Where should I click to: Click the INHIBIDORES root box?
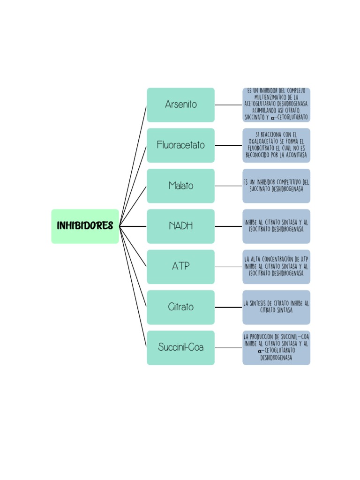coord(85,226)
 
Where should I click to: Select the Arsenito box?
coord(180,105)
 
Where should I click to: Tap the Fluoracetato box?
coord(180,145)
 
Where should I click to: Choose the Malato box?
coord(180,186)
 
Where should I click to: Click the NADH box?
coord(180,226)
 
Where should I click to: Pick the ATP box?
coord(180,267)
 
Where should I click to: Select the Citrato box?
coord(180,307)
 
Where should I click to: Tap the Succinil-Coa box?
coord(180,348)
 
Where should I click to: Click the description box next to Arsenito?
coord(276,105)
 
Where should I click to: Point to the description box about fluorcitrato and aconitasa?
coord(276,145)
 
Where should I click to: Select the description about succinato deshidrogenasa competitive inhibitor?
coord(276,186)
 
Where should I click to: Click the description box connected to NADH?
coord(276,226)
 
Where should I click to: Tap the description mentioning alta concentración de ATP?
coord(276,267)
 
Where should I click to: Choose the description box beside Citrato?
coord(276,307)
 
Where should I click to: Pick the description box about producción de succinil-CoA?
coord(276,348)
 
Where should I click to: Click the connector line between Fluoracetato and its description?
coord(228,145)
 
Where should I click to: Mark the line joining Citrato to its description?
coord(228,307)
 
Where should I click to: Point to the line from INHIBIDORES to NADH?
coord(133,226)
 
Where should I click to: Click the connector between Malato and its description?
coord(228,186)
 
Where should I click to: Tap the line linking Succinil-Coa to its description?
coord(228,348)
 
